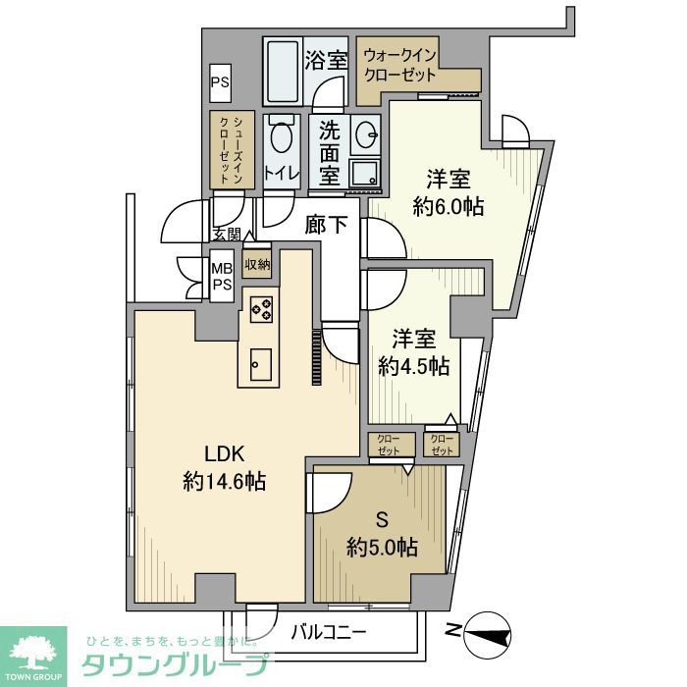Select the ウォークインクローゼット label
pyautogui.click(x=400, y=65)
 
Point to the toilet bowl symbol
pyautogui.click(x=283, y=139)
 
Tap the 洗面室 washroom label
pyautogui.click(x=327, y=152)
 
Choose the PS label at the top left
pyautogui.click(x=219, y=83)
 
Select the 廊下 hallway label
pyautogui.click(x=327, y=225)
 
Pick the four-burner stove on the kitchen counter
pyautogui.click(x=261, y=309)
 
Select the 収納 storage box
pyautogui.click(x=257, y=265)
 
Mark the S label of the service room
pyautogui.click(x=381, y=518)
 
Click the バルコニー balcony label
pyautogui.click(x=329, y=632)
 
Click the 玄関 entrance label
pyautogui.click(x=226, y=235)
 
